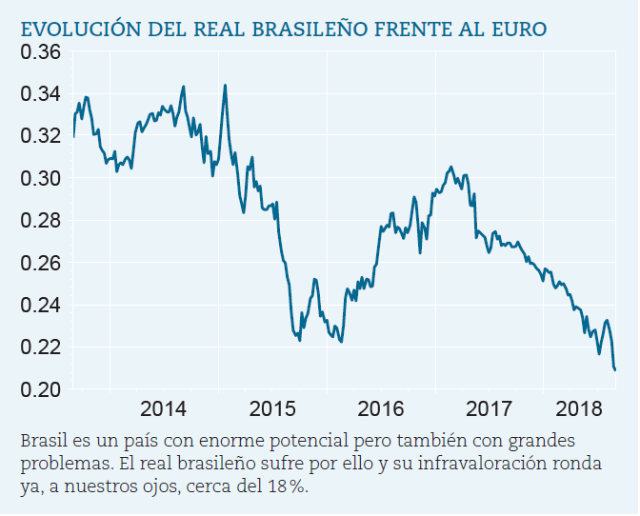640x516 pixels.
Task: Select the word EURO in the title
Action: [520, 30]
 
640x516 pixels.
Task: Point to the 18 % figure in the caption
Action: [289, 486]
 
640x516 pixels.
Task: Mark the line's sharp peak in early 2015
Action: [225, 86]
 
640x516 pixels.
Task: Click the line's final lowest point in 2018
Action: [615, 369]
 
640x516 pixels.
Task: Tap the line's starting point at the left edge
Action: [73, 136]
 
